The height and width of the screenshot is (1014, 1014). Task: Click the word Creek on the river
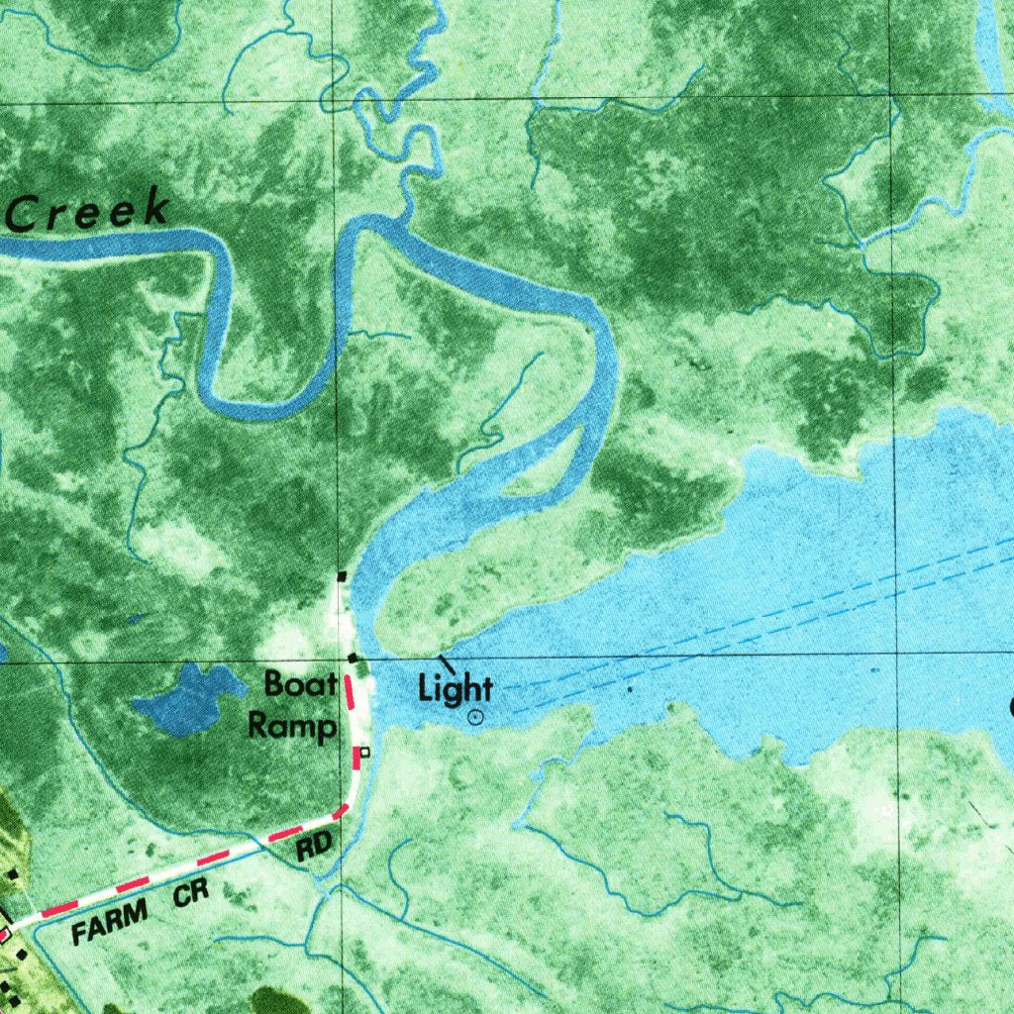[87, 211]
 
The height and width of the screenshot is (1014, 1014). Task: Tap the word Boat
[300, 684]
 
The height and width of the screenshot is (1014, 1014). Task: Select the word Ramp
[291, 726]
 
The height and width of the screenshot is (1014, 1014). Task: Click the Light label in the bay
[456, 688]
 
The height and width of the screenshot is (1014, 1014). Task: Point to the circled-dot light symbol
[476, 717]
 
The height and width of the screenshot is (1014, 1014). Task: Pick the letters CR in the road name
[191, 894]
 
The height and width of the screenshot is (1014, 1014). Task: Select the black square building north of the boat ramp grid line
[342, 575]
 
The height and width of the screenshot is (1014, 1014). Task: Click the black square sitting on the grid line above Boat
[352, 658]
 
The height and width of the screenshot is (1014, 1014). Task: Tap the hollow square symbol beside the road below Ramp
[364, 753]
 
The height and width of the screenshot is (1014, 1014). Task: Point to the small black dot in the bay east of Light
[630, 687]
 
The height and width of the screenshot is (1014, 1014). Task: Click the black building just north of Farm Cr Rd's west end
[12, 874]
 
